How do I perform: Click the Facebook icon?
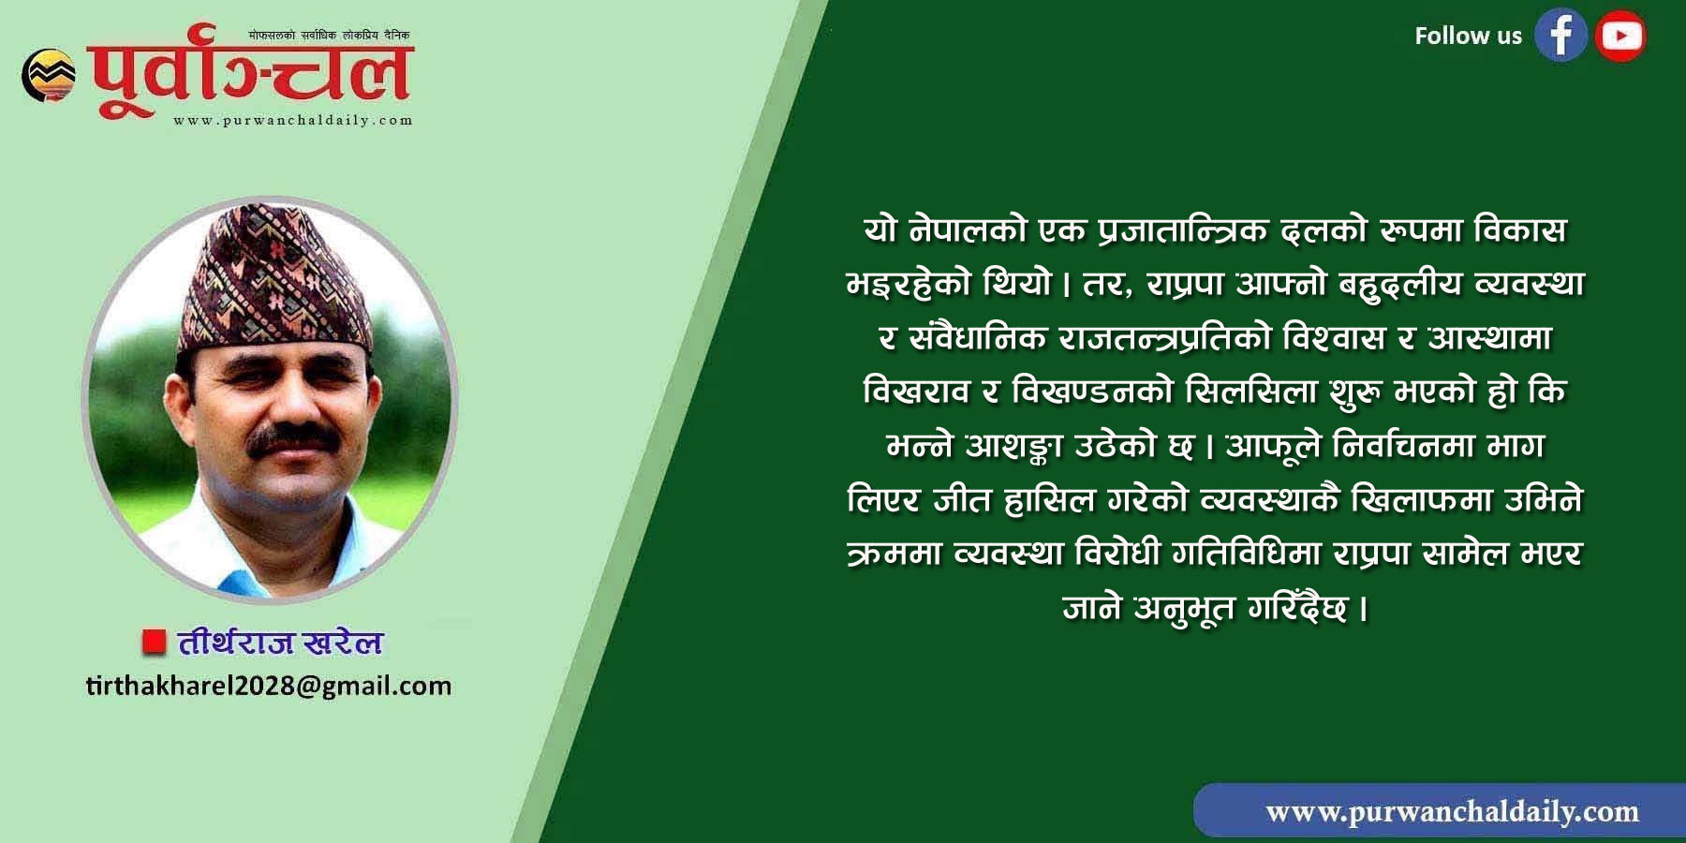1560,36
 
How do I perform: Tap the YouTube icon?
1621,36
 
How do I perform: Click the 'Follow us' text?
1468,36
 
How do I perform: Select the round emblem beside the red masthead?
49,75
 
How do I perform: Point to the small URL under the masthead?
292,120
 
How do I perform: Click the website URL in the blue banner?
1452,811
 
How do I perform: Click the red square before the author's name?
154,642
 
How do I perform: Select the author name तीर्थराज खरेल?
280,643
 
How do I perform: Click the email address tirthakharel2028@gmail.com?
269,687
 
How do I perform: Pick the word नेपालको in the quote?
976,229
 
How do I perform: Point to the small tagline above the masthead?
329,35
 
